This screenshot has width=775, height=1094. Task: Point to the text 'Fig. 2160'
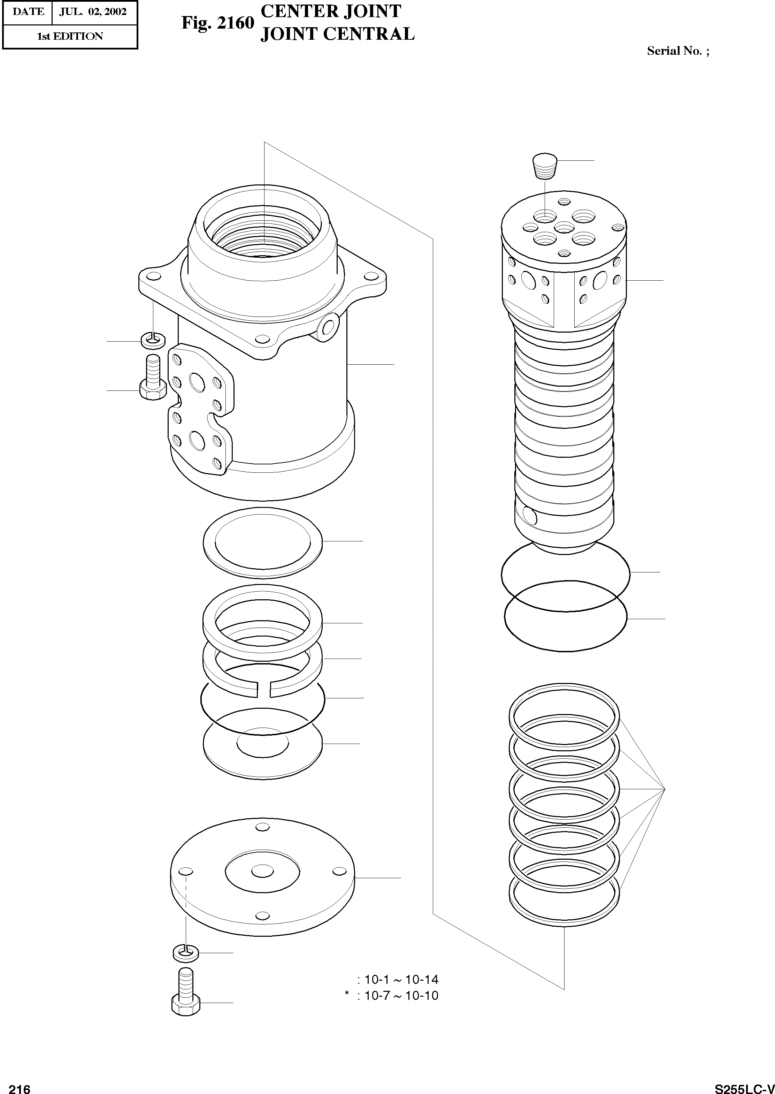point(217,22)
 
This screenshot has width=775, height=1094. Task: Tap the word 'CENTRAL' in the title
point(368,35)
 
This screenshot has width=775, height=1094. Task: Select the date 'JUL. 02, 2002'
point(93,12)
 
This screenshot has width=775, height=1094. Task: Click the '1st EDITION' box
point(70,36)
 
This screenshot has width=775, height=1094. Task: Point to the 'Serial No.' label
point(674,51)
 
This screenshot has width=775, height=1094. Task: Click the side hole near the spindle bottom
point(530,515)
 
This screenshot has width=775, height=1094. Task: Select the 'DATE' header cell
point(28,12)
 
